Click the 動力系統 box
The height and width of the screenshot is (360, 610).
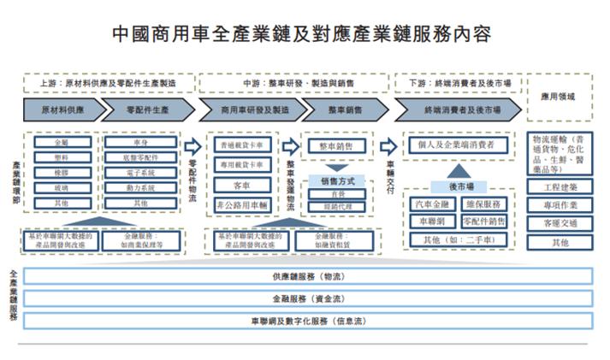(140, 187)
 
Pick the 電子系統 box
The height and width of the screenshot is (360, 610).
(140, 172)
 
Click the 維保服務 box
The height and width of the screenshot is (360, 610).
(485, 204)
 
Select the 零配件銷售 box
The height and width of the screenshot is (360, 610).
(485, 221)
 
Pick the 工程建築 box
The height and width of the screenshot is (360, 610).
(560, 187)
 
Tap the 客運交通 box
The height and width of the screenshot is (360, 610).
(560, 224)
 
